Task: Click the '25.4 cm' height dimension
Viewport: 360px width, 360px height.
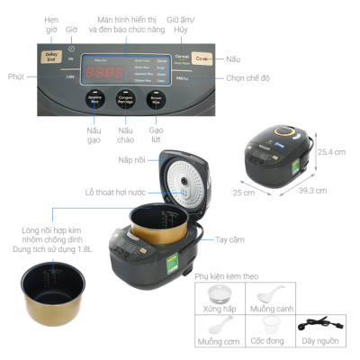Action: coord(332,152)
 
